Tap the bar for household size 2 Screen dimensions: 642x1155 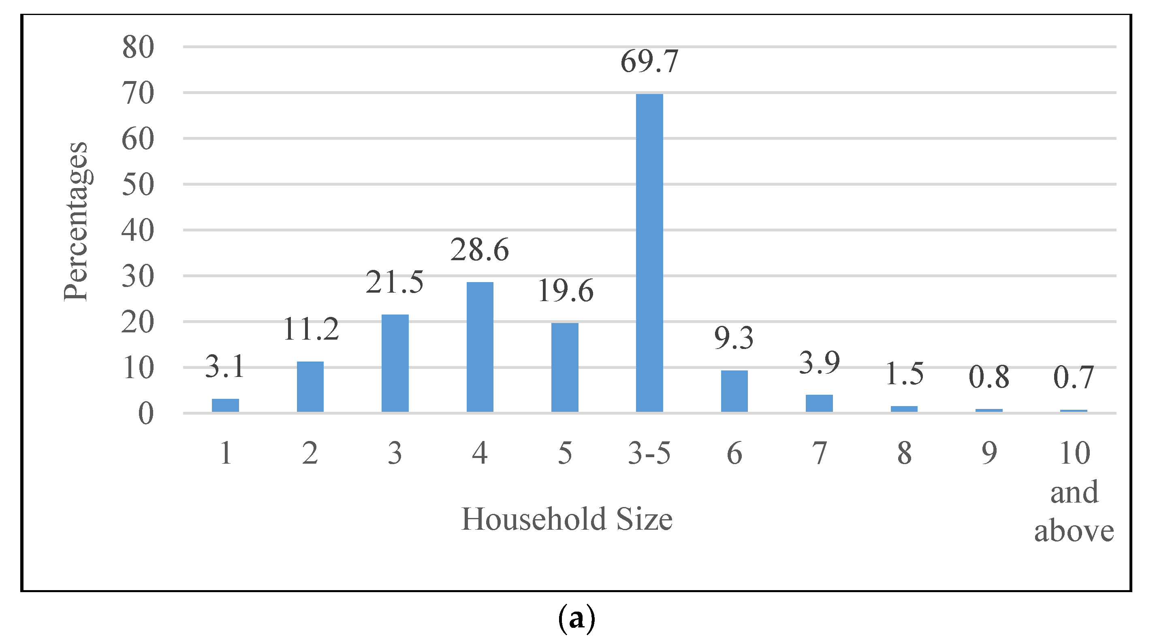click(x=310, y=386)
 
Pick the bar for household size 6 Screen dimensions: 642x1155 click(x=734, y=391)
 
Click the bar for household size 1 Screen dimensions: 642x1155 click(x=225, y=404)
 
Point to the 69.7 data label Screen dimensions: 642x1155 click(x=649, y=62)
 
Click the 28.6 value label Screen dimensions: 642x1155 click(x=480, y=250)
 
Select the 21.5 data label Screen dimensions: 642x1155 click(x=395, y=282)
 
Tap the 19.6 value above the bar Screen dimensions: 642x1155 click(x=566, y=291)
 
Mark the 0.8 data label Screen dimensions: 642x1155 click(x=988, y=377)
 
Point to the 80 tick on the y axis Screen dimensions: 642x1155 click(x=138, y=47)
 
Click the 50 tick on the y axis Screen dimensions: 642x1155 click(x=138, y=184)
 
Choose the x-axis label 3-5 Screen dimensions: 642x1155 click(x=649, y=453)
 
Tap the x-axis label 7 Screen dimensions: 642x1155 click(x=819, y=453)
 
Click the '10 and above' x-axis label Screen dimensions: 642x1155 click(x=1074, y=492)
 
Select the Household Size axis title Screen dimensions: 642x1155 click(x=567, y=519)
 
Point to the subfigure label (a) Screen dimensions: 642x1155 click(x=576, y=620)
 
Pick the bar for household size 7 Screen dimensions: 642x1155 click(x=819, y=403)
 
